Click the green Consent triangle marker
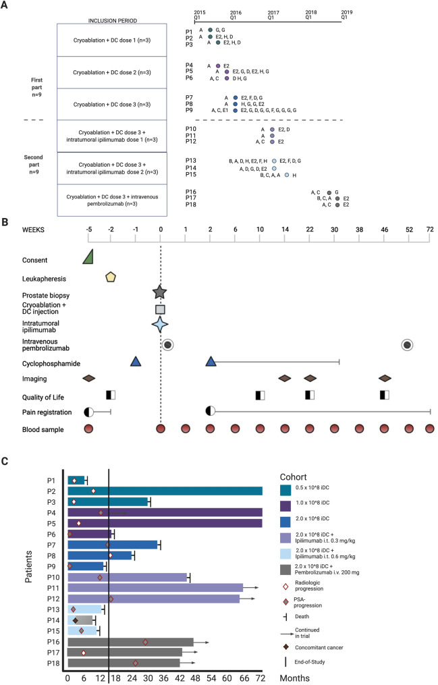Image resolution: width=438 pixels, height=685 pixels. click(x=88, y=256)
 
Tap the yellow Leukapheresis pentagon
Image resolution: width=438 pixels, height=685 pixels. click(x=111, y=276)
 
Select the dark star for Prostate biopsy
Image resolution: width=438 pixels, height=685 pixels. click(x=160, y=292)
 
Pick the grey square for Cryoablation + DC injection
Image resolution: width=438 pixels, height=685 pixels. click(x=160, y=309)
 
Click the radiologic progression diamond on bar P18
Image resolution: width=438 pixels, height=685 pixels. click(x=136, y=663)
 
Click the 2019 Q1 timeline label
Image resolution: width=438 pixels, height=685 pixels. click(x=347, y=15)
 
